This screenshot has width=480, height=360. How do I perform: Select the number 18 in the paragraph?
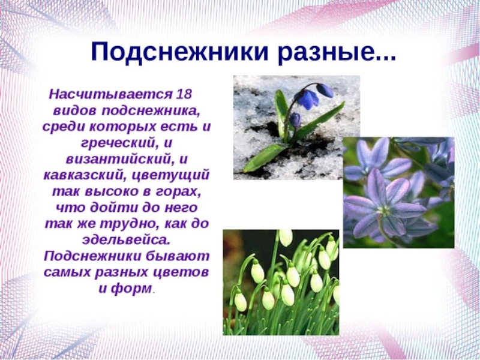pyautogui.click(x=184, y=94)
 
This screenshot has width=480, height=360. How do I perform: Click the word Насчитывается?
pyautogui.click(x=110, y=94)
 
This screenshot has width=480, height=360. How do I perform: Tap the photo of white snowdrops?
pyautogui.click(x=281, y=282)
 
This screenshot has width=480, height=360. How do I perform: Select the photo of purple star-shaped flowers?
pyautogui.click(x=398, y=192)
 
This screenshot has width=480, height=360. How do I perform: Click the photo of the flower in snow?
pyautogui.click(x=296, y=127)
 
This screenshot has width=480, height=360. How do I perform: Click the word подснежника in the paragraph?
pyautogui.click(x=151, y=111)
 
